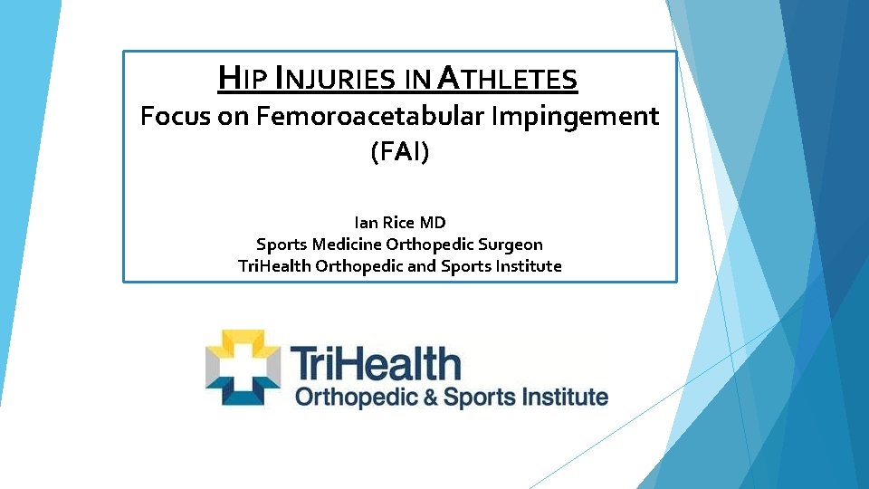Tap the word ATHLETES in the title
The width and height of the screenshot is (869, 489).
pyautogui.click(x=507, y=80)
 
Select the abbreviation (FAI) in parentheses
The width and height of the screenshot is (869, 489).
pyautogui.click(x=399, y=152)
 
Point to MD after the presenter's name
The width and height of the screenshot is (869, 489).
pyautogui.click(x=434, y=222)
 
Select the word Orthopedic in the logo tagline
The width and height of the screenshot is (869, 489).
pyautogui.click(x=353, y=398)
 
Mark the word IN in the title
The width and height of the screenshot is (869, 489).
pyautogui.click(x=417, y=81)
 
